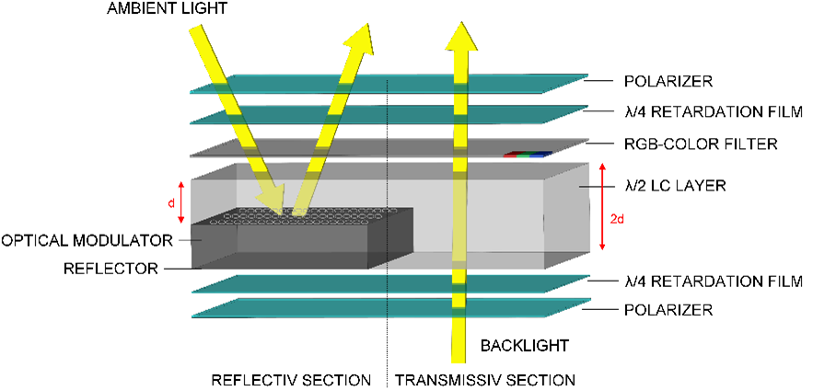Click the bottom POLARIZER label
pyautogui.click(x=661, y=311)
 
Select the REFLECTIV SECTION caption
pyautogui.click(x=291, y=379)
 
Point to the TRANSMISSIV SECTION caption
pyautogui.click(x=485, y=379)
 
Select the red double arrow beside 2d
pyautogui.click(x=601, y=207)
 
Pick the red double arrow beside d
pyautogui.click(x=183, y=201)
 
